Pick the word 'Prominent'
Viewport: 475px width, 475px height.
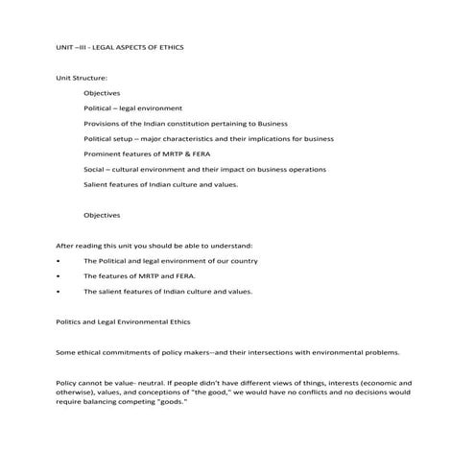coord(101,154)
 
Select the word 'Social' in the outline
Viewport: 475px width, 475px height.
coord(94,169)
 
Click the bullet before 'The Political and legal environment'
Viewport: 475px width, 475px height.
coord(59,261)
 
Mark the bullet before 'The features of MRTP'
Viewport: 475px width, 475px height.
coord(59,276)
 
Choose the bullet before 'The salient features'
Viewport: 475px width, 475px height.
coord(59,292)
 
